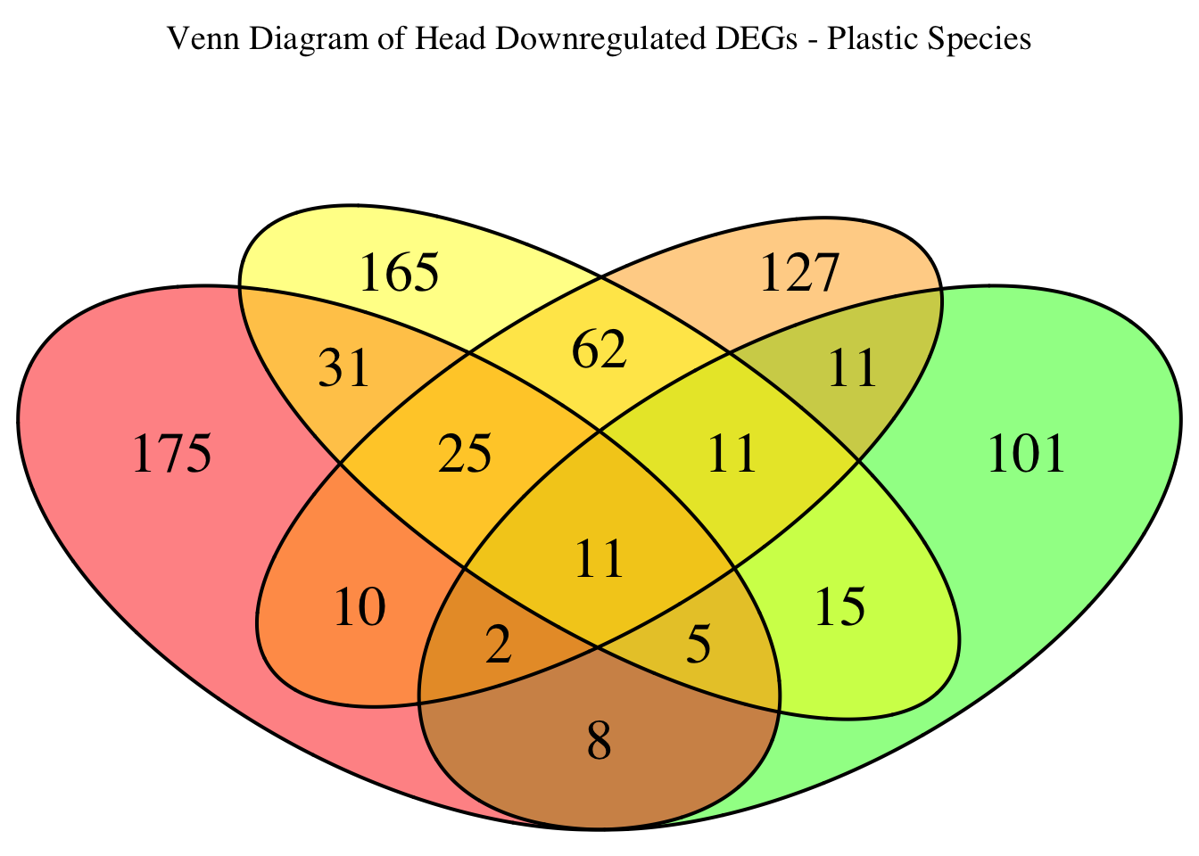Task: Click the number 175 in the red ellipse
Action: click(171, 455)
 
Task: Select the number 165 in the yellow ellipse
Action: click(399, 273)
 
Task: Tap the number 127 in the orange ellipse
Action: click(799, 273)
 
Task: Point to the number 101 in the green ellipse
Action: click(1027, 455)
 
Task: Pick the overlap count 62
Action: click(599, 350)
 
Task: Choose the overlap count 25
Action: click(466, 455)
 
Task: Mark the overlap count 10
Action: click(360, 609)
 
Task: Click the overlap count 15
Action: click(839, 609)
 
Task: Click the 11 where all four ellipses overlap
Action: click(599, 561)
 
